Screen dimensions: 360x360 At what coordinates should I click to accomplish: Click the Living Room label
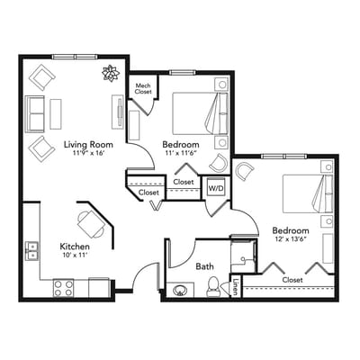[x=87, y=143]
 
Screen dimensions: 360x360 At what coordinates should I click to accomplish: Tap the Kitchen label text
[x=74, y=246]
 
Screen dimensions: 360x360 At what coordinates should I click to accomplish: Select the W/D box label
[x=216, y=187]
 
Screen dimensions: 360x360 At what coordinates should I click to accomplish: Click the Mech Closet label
[x=143, y=87]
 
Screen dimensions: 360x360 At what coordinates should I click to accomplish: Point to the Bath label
[x=204, y=266]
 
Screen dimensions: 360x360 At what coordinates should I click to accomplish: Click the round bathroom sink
[x=180, y=291]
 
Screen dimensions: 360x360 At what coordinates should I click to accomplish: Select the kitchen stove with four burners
[x=63, y=288]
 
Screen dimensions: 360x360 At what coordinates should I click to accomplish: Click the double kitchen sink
[x=31, y=249]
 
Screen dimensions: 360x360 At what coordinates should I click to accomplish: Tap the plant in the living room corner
[x=111, y=74]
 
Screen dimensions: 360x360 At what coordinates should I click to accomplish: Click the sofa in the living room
[x=36, y=114]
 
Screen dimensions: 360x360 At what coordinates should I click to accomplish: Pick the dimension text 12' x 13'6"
[x=292, y=238]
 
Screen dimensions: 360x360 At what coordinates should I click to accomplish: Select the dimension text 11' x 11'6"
[x=181, y=154]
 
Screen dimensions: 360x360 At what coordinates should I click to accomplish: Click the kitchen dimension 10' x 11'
[x=74, y=256]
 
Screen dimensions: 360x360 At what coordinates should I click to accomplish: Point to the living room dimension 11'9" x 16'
[x=87, y=154]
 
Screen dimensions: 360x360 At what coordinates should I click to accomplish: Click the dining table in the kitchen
[x=90, y=221]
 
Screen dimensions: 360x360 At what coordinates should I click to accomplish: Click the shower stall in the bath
[x=242, y=254]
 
